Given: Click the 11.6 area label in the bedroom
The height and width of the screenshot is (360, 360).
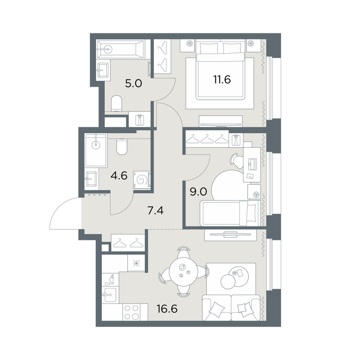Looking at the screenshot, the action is pyautogui.click(x=222, y=80).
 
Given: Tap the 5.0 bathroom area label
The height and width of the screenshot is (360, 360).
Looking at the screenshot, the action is pyautogui.click(x=134, y=84).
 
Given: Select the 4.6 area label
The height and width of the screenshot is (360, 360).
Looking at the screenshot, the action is pyautogui.click(x=119, y=176).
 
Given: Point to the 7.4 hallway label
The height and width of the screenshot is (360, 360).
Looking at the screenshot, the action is pyautogui.click(x=156, y=210).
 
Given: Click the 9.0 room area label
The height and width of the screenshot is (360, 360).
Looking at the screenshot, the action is pyautogui.click(x=198, y=192).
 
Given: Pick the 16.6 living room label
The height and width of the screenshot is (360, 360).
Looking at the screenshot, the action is pyautogui.click(x=167, y=309).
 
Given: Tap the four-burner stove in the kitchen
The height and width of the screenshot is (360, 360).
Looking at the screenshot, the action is pyautogui.click(x=132, y=312).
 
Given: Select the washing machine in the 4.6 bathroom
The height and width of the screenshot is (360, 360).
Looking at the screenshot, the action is pyautogui.click(x=142, y=180).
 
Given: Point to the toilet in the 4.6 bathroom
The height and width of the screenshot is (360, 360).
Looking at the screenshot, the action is pyautogui.click(x=122, y=147).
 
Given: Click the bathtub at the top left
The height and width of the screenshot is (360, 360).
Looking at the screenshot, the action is pyautogui.click(x=121, y=49).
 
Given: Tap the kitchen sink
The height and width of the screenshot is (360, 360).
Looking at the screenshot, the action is pyautogui.click(x=110, y=294).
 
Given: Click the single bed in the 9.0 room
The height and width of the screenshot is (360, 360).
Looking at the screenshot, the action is pyautogui.click(x=230, y=213).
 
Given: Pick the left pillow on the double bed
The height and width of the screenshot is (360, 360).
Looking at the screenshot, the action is pyautogui.click(x=209, y=49).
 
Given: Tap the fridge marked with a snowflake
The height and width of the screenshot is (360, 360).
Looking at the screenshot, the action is pyautogui.click(x=136, y=263).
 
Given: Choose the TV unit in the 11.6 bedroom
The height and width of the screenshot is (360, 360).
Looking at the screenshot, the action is pyautogui.click(x=221, y=121).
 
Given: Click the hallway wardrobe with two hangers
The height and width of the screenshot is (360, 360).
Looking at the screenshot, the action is pyautogui.click(x=128, y=242).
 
